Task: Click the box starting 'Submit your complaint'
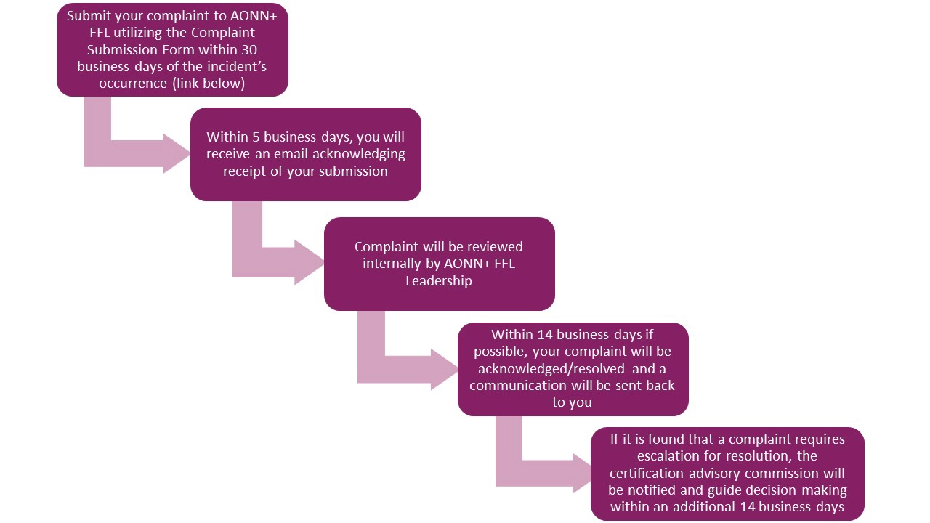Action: [172, 49]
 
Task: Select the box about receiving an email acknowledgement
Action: [305, 154]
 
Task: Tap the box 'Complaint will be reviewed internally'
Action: [439, 264]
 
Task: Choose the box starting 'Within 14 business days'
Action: [573, 369]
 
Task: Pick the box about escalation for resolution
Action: [727, 474]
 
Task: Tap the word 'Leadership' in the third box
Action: [439, 281]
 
